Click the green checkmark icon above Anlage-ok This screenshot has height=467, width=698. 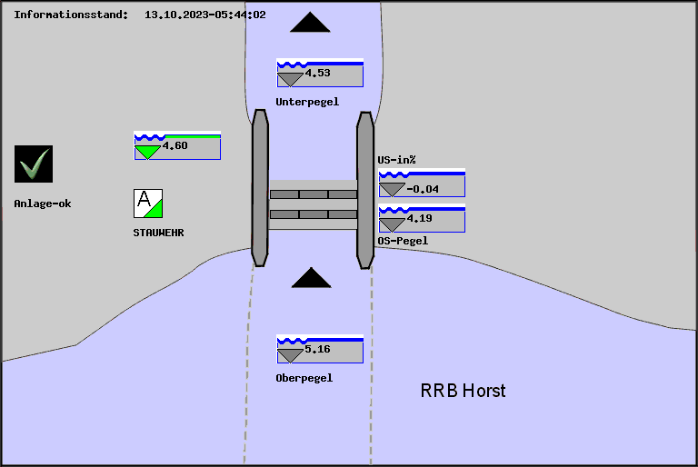coord(34,164)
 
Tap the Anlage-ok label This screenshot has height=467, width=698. coord(43,204)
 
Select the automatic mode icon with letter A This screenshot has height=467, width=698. coord(148,203)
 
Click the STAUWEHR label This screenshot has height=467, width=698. coord(159,233)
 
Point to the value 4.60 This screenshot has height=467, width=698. coord(174,145)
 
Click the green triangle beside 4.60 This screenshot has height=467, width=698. coord(146,152)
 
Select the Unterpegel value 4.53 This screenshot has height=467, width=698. coord(317,73)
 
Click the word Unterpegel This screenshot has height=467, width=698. coord(307,102)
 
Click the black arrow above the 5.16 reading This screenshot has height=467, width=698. coord(311,278)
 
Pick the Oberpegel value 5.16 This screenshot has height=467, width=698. coord(317,349)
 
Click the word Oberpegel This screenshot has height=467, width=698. coord(304,378)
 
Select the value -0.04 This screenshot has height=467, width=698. coord(423,189)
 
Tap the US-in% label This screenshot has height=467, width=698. coord(396,160)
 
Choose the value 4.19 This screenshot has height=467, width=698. coord(420,218)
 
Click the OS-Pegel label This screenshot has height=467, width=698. coord(403,241)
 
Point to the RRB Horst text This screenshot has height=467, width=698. coord(463,391)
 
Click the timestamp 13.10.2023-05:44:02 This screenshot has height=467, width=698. coord(205,15)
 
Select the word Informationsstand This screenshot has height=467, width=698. coord(71,15)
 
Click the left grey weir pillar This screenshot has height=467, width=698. coord(260,188)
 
